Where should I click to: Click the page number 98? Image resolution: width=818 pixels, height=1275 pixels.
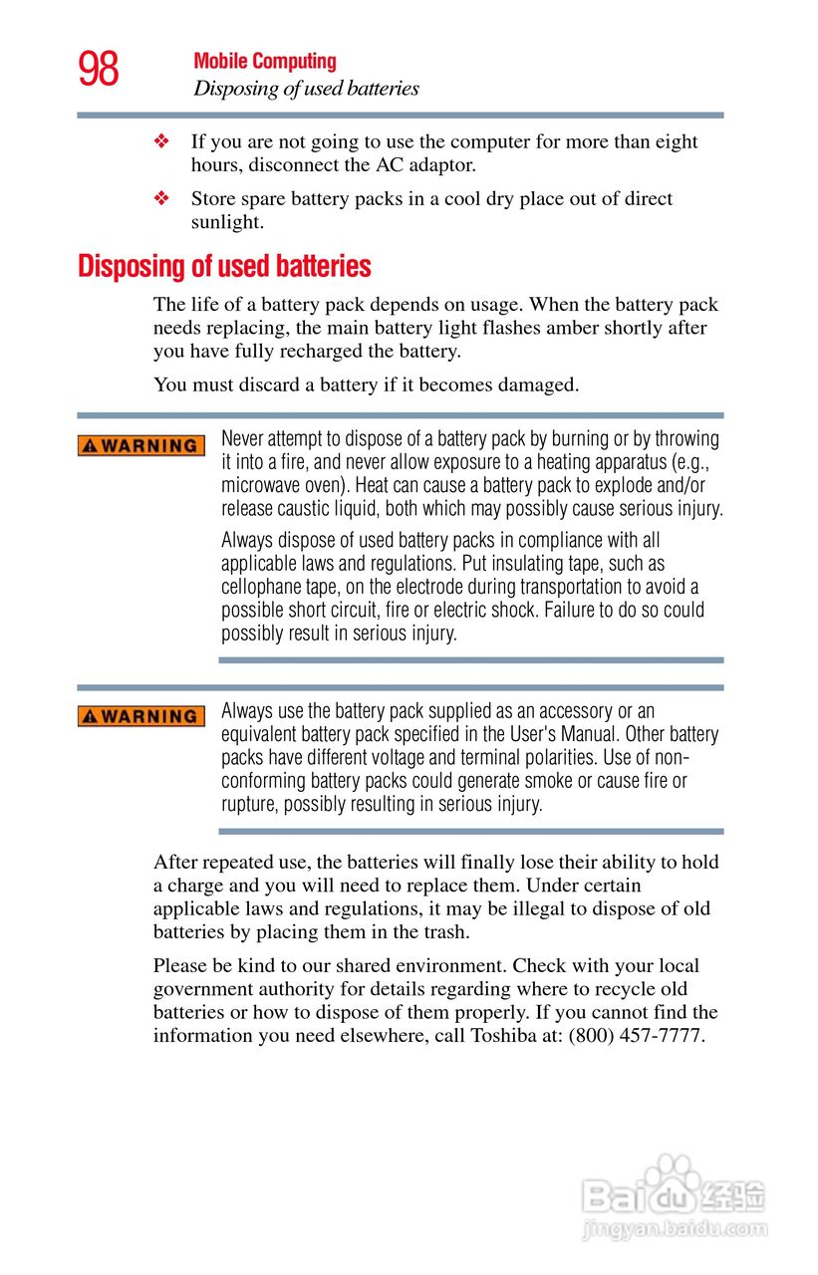click(x=99, y=70)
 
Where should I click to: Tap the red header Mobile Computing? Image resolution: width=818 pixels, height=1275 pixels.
click(x=265, y=62)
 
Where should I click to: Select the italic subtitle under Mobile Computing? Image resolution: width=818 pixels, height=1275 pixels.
click(x=306, y=89)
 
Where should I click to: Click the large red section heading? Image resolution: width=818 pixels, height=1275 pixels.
click(x=224, y=267)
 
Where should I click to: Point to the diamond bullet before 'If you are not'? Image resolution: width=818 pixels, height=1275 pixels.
click(x=161, y=142)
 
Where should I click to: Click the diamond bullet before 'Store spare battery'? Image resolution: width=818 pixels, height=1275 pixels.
click(x=161, y=199)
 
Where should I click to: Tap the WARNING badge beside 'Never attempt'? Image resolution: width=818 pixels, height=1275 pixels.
click(x=141, y=445)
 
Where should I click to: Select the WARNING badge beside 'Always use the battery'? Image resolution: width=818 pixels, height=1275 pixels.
click(x=141, y=716)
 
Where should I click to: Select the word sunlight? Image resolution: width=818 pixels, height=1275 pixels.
click(x=227, y=222)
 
